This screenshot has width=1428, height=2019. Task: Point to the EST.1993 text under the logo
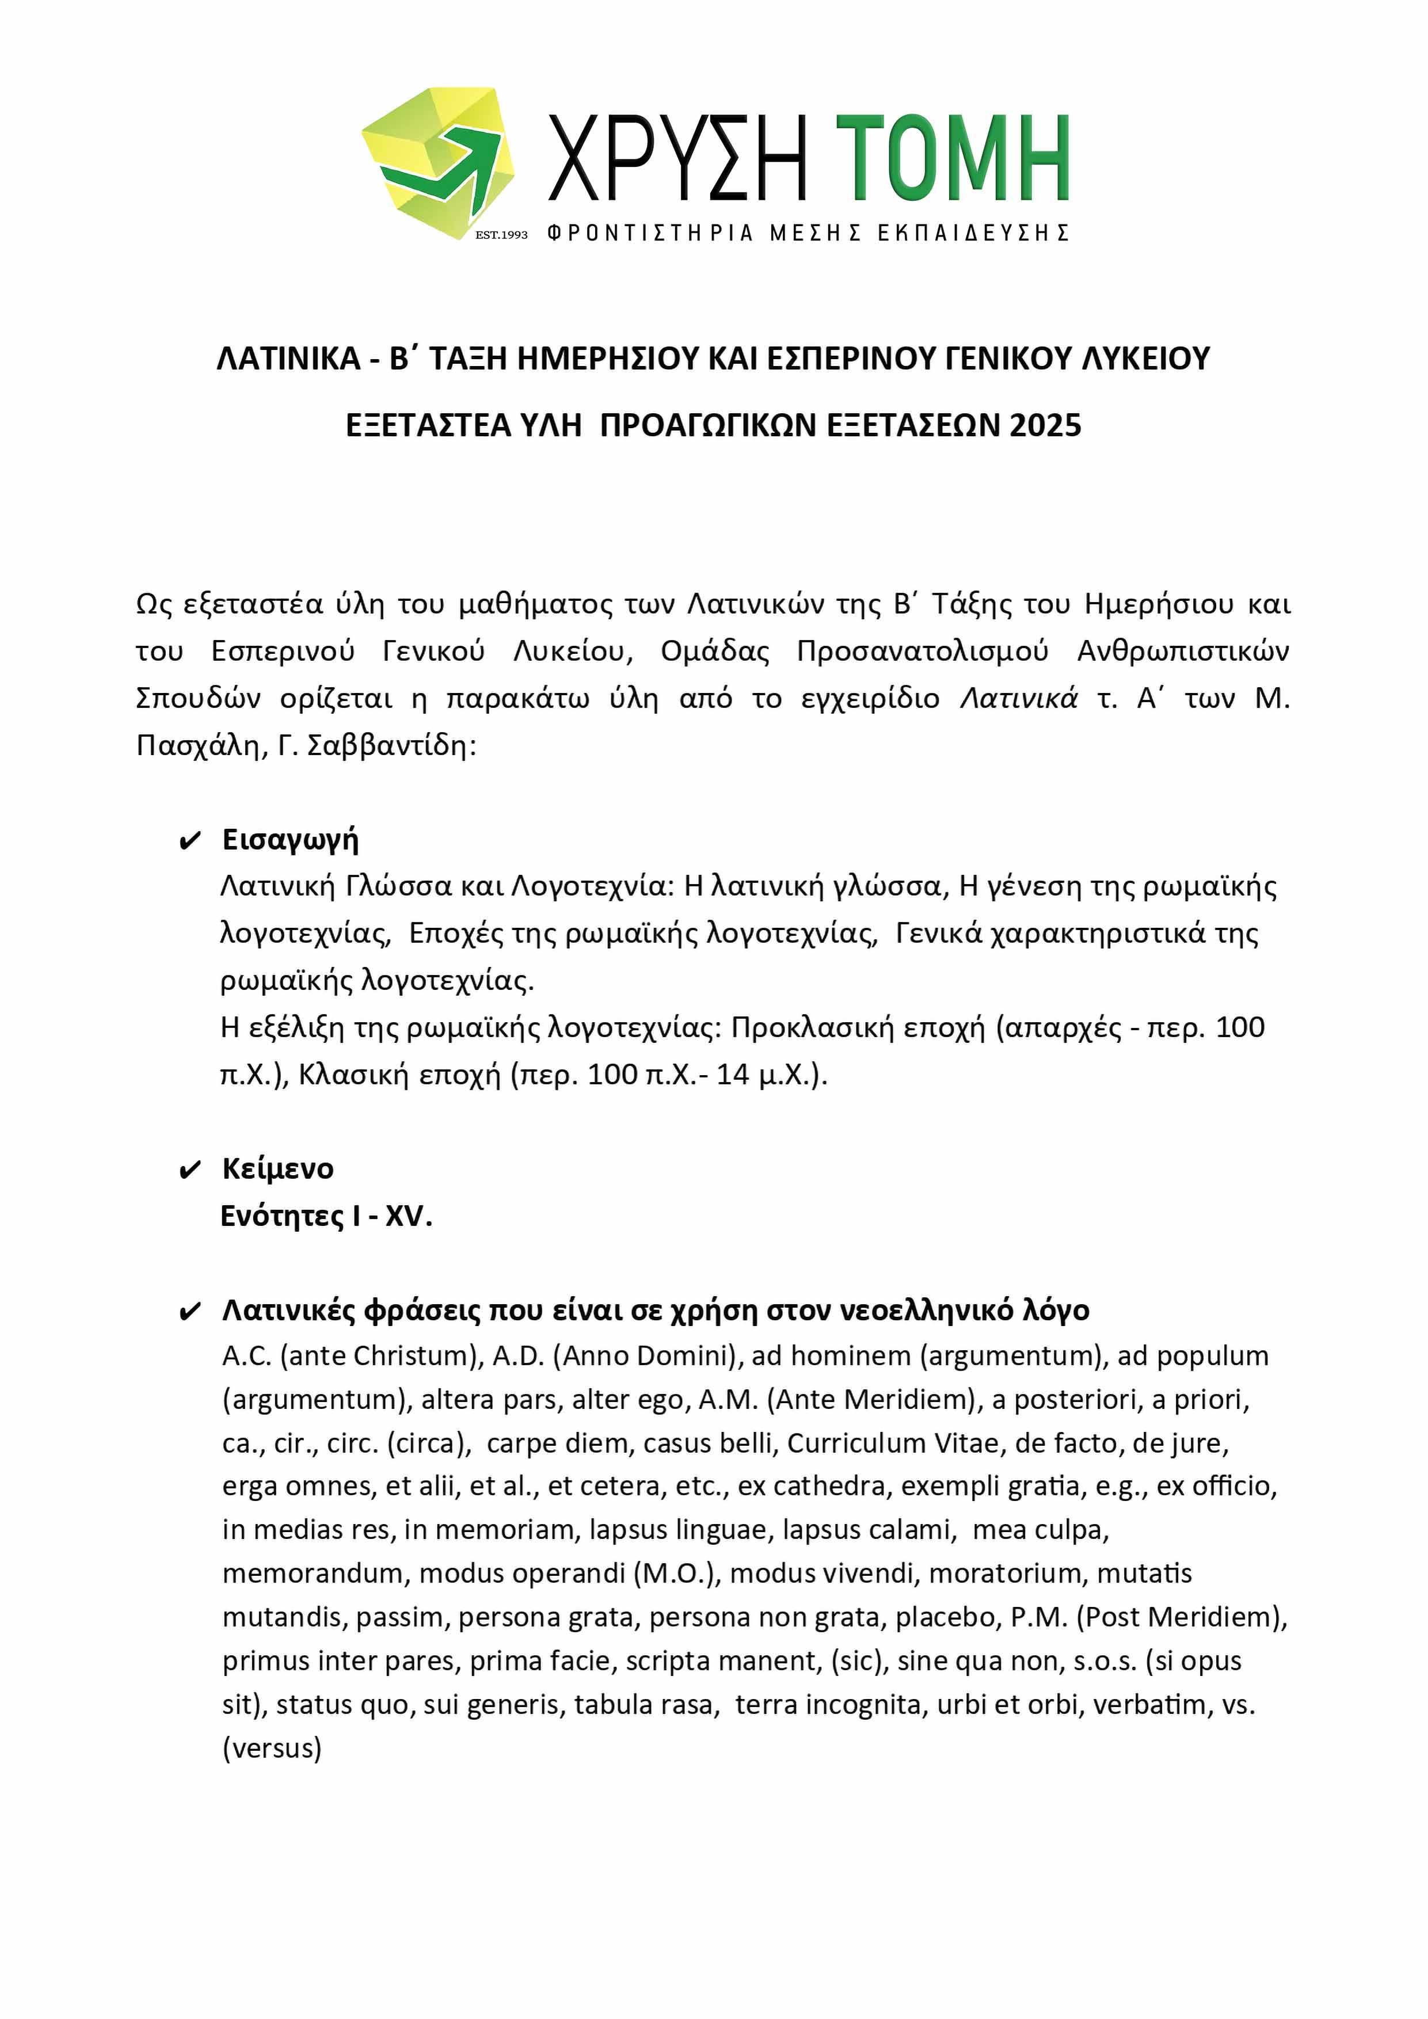(x=501, y=235)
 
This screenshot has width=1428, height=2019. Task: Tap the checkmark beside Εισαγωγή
(x=190, y=841)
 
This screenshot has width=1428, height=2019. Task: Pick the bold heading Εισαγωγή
(x=290, y=840)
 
